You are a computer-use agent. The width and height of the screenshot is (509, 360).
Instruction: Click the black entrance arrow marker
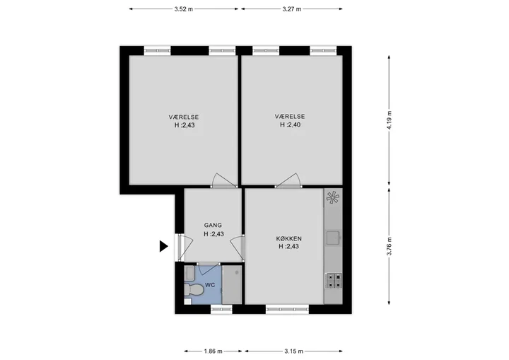pos(163,246)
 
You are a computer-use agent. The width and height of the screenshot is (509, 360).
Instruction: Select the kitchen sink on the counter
pos(333,238)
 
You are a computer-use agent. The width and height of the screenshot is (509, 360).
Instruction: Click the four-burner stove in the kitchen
pos(334,281)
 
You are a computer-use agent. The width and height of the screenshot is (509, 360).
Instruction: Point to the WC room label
pos(210,286)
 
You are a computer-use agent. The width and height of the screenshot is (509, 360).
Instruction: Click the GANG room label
pos(213,225)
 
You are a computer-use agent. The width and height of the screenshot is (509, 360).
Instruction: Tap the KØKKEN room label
pos(289,239)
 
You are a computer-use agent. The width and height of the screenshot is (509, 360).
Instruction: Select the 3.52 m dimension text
pos(183,9)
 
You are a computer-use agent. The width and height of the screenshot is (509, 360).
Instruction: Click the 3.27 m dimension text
pos(292,9)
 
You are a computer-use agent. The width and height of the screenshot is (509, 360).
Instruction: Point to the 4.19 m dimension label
pos(390,120)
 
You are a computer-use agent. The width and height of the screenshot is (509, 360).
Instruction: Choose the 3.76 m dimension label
pos(390,246)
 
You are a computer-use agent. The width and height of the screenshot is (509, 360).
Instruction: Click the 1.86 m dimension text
pos(213,352)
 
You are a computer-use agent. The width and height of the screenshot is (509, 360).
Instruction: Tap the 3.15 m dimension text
pos(294,352)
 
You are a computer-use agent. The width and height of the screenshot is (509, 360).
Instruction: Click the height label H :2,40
pos(291,124)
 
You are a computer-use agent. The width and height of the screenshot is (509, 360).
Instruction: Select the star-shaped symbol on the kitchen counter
pos(333,197)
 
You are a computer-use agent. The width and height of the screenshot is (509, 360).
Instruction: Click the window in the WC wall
pos(222,309)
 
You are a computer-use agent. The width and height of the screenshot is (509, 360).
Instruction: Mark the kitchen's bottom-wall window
pos(287,309)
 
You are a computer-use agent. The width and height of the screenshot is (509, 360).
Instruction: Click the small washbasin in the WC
pos(189,274)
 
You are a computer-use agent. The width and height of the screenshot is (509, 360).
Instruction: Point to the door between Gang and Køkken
pos(238,248)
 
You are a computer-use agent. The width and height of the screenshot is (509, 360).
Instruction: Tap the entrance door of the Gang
pos(184,248)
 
